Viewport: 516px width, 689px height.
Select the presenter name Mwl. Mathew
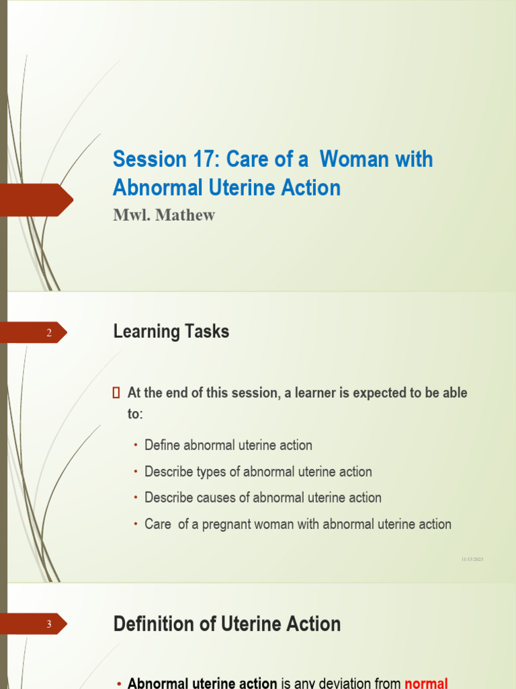(164, 216)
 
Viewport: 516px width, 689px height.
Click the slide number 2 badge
(48, 332)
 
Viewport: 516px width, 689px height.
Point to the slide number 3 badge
(48, 624)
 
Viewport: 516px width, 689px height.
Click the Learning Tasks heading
(171, 332)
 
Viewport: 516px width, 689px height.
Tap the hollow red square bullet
(116, 392)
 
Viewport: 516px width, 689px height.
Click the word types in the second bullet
(213, 472)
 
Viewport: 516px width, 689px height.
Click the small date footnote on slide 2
(472, 559)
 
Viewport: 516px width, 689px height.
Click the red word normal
(426, 684)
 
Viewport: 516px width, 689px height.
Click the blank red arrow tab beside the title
(37, 200)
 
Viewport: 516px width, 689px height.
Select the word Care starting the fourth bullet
(158, 524)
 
